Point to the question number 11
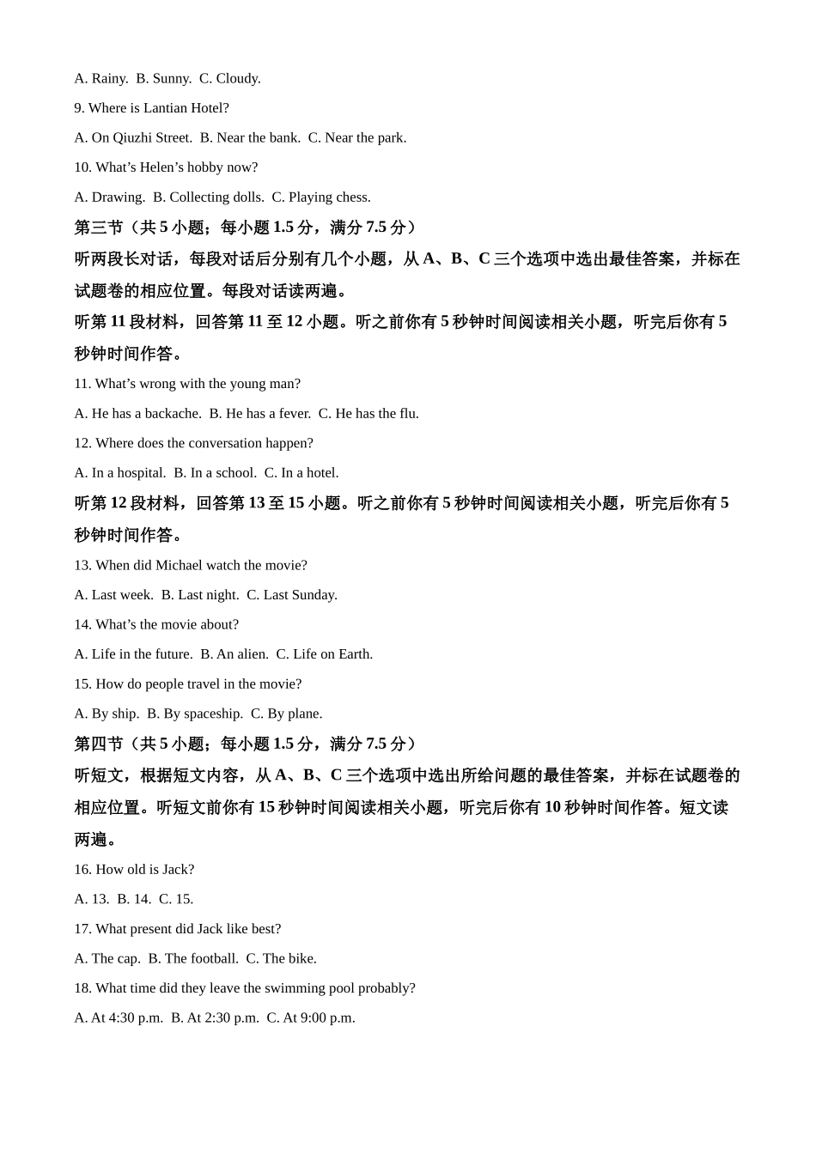click(x=82, y=384)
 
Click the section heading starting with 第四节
click(x=245, y=744)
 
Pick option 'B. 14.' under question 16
click(x=134, y=899)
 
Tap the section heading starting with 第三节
click(x=245, y=228)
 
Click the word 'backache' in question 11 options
click(x=173, y=414)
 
